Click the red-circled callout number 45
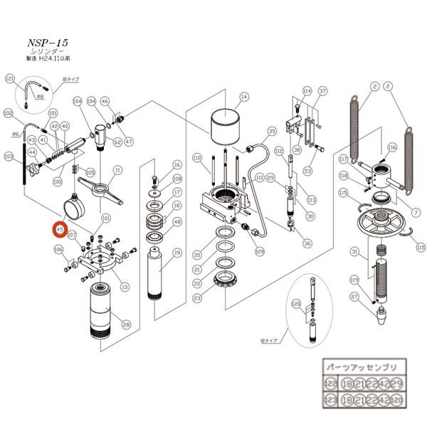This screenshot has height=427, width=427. pos(60,230)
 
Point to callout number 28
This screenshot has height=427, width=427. pos(127,325)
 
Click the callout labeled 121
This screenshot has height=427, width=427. pos(10,78)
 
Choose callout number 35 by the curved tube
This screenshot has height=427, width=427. pos(271,132)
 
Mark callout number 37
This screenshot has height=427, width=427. pos(322,91)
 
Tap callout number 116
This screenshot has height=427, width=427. pos(391,147)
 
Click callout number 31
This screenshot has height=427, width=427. pos(354,251)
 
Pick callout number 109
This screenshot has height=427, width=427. pos(260,251)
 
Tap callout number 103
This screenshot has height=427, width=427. pos(9,156)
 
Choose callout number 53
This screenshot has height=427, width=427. pos(308,171)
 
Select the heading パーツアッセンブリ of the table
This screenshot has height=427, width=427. pos(364,367)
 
